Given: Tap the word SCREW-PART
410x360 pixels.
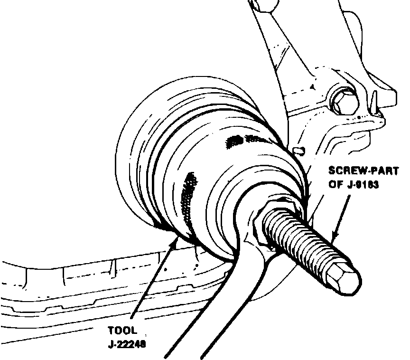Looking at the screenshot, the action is tap(363, 171).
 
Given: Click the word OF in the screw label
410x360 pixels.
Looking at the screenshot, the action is tap(335, 185).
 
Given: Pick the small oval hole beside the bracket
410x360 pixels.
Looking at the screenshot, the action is tap(298, 151).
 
